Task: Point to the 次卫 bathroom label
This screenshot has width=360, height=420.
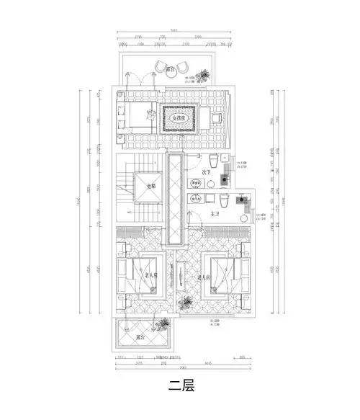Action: click(x=206, y=172)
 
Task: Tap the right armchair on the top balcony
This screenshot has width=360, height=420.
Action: click(x=186, y=67)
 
